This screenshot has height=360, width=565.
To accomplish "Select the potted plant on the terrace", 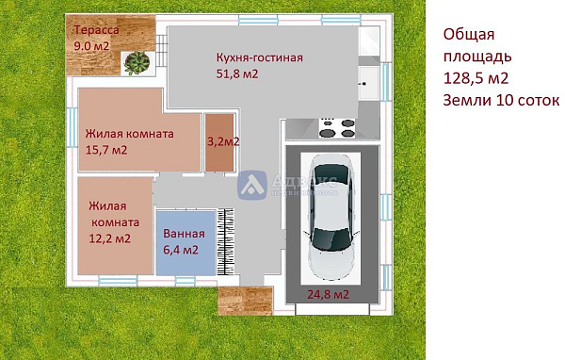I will coord(137,61).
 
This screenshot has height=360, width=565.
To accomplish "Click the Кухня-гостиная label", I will coord(259,57).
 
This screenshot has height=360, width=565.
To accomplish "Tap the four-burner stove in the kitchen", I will coord(339,123).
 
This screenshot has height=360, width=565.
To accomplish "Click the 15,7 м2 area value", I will coord(106,150).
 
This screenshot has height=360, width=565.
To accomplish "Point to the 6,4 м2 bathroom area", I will coord(181,250).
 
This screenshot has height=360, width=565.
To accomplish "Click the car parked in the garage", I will coord(331,216).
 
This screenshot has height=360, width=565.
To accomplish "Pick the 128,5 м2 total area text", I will coord(477,77).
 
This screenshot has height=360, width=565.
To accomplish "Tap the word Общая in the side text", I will coord(468,35).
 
